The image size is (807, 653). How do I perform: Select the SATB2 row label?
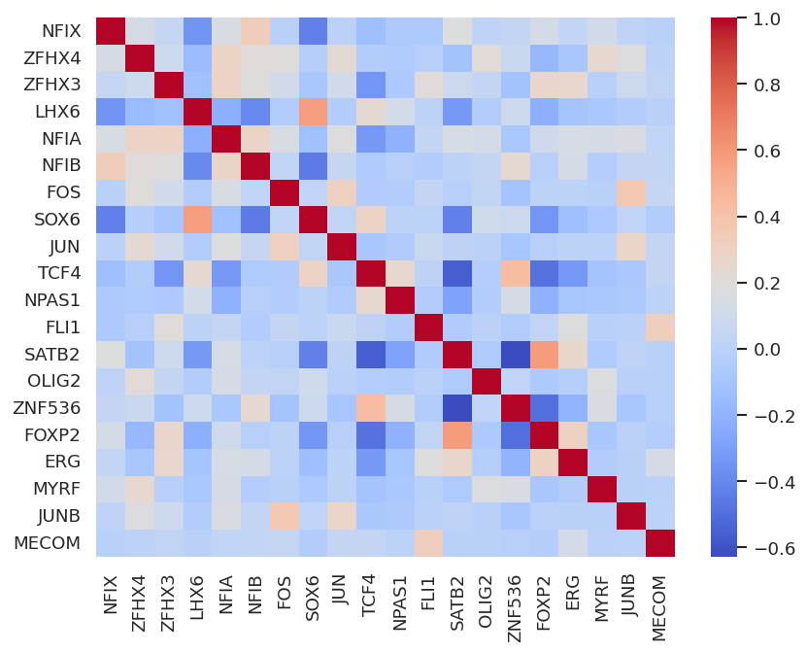(55, 354)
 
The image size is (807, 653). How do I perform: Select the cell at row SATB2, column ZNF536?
(510, 354)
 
